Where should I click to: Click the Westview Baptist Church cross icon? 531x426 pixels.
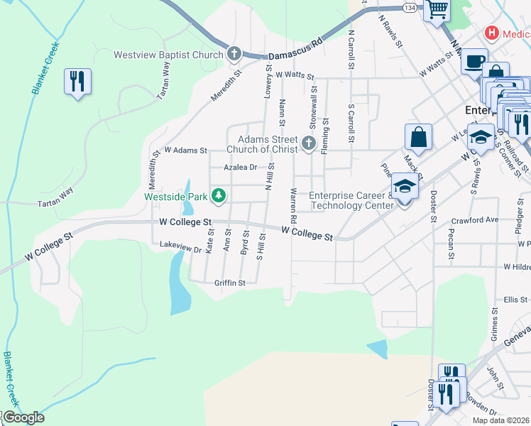[x=235, y=54]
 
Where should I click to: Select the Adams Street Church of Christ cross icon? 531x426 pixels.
[x=308, y=143]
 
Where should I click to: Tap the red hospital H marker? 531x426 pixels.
[x=491, y=33]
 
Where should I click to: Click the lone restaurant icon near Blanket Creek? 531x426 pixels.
[x=77, y=81]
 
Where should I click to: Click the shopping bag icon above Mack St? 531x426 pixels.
[x=419, y=136]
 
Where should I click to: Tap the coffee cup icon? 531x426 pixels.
[x=474, y=61]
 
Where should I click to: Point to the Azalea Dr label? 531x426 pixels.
[x=240, y=168]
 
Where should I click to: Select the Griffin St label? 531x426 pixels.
[x=229, y=283]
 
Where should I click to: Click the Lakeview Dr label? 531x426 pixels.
[x=181, y=248]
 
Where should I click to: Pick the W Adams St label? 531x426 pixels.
[x=185, y=151]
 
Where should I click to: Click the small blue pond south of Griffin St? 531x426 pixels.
[x=378, y=348]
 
